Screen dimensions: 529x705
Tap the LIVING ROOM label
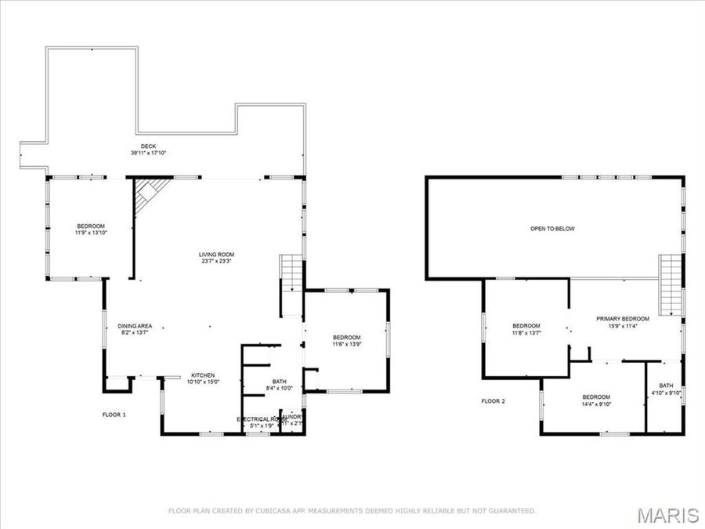click(x=215, y=255)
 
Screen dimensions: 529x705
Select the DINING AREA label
click(x=135, y=327)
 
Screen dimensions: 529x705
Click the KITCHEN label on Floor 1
click(x=202, y=375)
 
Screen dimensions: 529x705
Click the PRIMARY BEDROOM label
click(x=623, y=319)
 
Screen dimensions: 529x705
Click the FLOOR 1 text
click(x=114, y=414)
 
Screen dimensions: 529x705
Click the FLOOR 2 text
click(x=493, y=401)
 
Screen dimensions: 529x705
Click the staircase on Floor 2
click(x=671, y=285)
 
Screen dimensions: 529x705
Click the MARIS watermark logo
click(x=667, y=515)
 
